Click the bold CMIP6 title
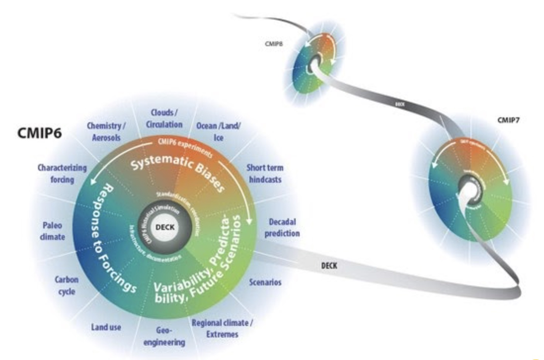click(39, 133)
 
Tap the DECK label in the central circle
click(165, 227)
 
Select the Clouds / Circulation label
click(164, 118)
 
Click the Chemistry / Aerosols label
click(106, 132)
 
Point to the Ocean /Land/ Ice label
click(218, 132)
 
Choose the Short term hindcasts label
click(265, 173)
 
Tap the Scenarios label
click(265, 282)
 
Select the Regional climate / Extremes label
click(222, 328)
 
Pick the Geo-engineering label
click(164, 336)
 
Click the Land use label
click(106, 327)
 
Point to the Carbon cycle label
click(67, 285)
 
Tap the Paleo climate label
click(52, 231)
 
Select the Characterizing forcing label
click(62, 173)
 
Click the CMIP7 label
click(508, 120)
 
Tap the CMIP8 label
click(274, 44)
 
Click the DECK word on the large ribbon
click(329, 266)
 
